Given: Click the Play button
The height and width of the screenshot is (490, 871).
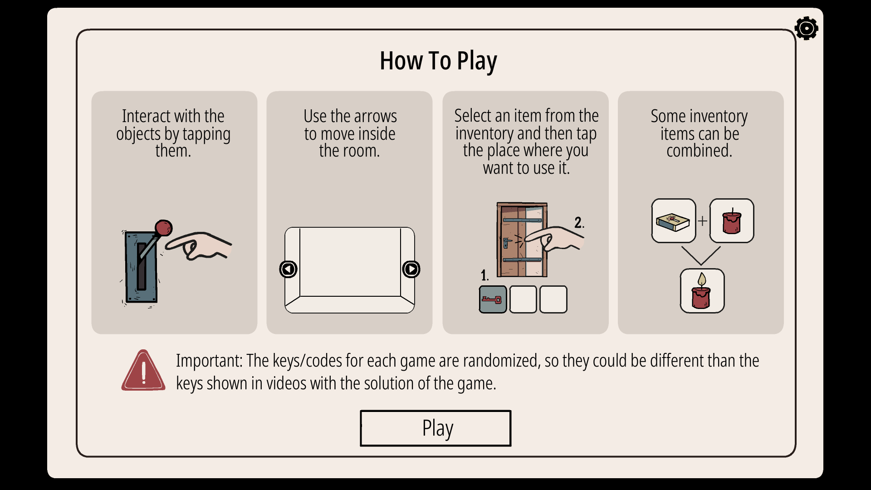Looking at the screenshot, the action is tap(435, 428).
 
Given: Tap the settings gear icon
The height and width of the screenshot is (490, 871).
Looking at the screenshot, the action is tap(806, 29).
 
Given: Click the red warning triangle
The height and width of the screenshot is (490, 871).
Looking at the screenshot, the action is tap(143, 370).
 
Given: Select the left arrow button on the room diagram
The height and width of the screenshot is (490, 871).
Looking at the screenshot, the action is tap(288, 269).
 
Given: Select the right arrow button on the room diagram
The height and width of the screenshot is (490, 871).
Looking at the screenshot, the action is tap(411, 269).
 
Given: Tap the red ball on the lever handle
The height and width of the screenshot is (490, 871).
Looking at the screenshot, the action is tap(163, 228).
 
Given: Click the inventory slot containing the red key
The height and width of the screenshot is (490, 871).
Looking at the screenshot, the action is tap(493, 299).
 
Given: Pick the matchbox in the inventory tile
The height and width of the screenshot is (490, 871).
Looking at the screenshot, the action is tap(673, 221).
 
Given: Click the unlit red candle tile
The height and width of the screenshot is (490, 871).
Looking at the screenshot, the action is tap(732, 221).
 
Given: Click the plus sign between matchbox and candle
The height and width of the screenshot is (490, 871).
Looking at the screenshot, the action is tap(703, 221).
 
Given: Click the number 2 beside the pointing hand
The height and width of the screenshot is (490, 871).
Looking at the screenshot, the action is tap(578, 222).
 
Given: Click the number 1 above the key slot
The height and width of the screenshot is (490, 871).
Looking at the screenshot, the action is tap(484, 275).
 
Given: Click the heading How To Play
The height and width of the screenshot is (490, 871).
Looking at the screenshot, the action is tap(438, 61).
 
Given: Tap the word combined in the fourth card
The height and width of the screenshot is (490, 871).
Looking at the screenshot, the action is tap(699, 151).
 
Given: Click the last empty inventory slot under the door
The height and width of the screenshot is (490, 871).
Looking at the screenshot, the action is tap(553, 299).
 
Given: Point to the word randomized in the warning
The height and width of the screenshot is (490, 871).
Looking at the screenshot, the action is tap(501, 361).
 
